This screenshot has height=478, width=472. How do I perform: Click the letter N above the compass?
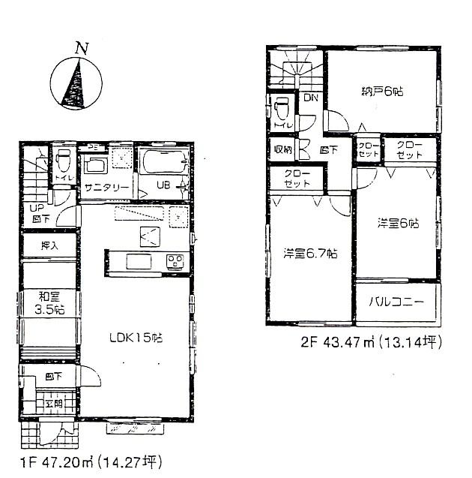tap(80, 48)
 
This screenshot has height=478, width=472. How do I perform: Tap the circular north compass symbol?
tap(77, 84)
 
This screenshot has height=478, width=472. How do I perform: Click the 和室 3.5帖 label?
tap(49, 302)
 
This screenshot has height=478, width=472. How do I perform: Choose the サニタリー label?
tap(105, 188)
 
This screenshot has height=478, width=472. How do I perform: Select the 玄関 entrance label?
tap(53, 404)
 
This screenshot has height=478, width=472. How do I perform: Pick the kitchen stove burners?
tap(175, 261)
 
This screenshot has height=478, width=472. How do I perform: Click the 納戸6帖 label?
tap(383, 92)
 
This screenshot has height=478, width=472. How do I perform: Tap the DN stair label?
tap(309, 97)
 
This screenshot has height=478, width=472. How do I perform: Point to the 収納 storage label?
tap(283, 149)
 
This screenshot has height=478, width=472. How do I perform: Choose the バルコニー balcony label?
tap(396, 303)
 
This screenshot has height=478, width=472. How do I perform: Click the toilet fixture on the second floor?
tap(281, 110)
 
